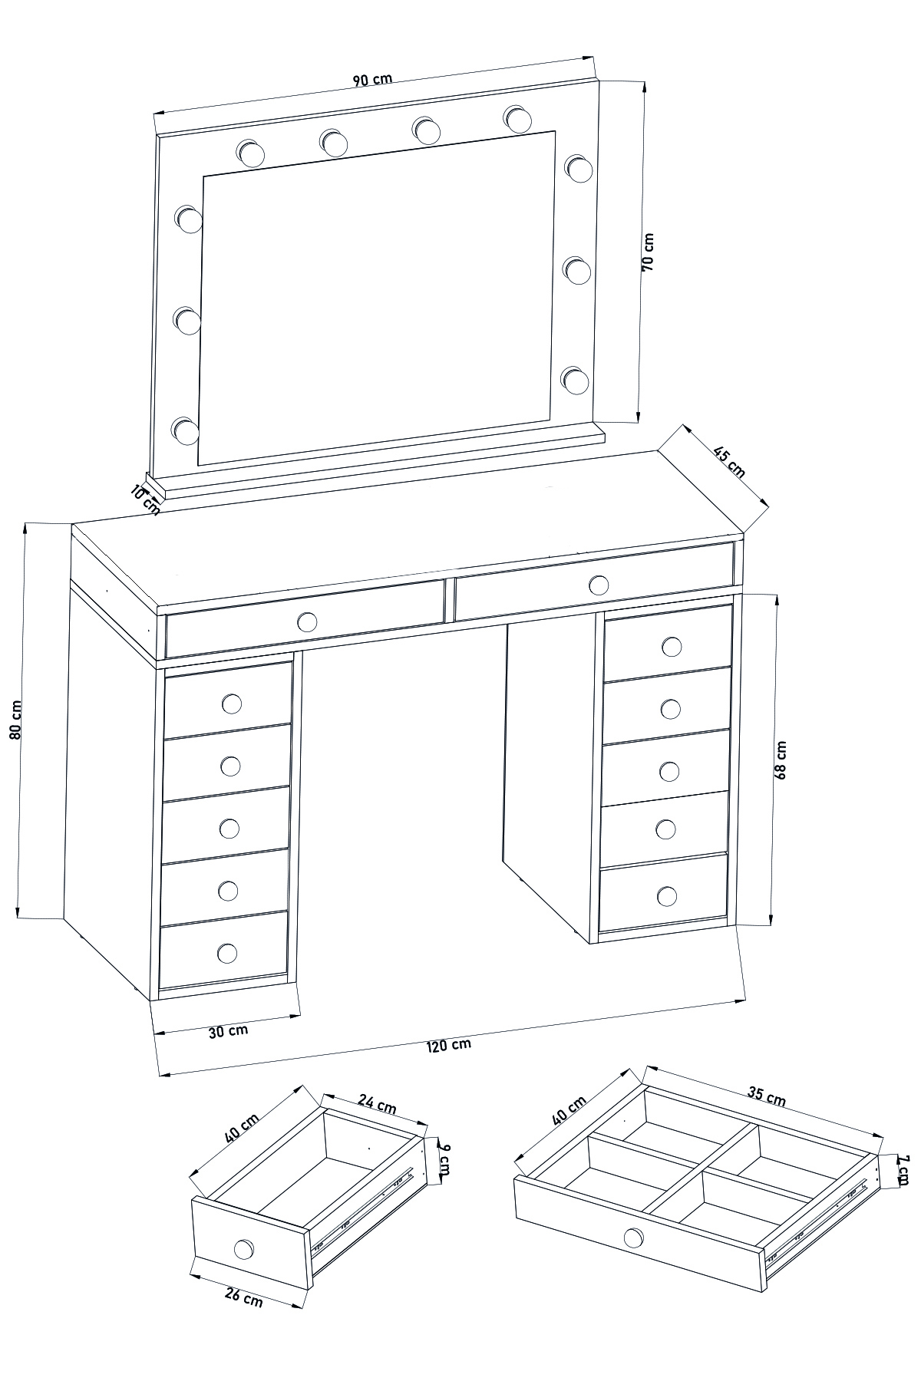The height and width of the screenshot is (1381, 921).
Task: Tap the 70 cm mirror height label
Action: [647, 252]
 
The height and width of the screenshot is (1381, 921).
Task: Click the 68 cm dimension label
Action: [781, 760]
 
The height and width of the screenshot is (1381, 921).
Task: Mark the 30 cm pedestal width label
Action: [228, 1031]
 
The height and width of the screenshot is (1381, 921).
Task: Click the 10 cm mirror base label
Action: [145, 500]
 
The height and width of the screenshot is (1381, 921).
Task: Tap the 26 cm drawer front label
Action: [243, 1297]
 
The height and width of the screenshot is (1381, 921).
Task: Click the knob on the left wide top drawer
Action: [307, 621]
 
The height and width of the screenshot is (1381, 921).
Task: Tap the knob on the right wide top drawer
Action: [598, 585]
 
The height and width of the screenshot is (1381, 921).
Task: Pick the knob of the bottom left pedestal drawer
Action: [227, 953]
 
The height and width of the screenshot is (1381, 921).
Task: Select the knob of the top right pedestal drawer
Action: [672, 647]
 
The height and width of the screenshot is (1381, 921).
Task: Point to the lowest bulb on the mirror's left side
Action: [184, 430]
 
